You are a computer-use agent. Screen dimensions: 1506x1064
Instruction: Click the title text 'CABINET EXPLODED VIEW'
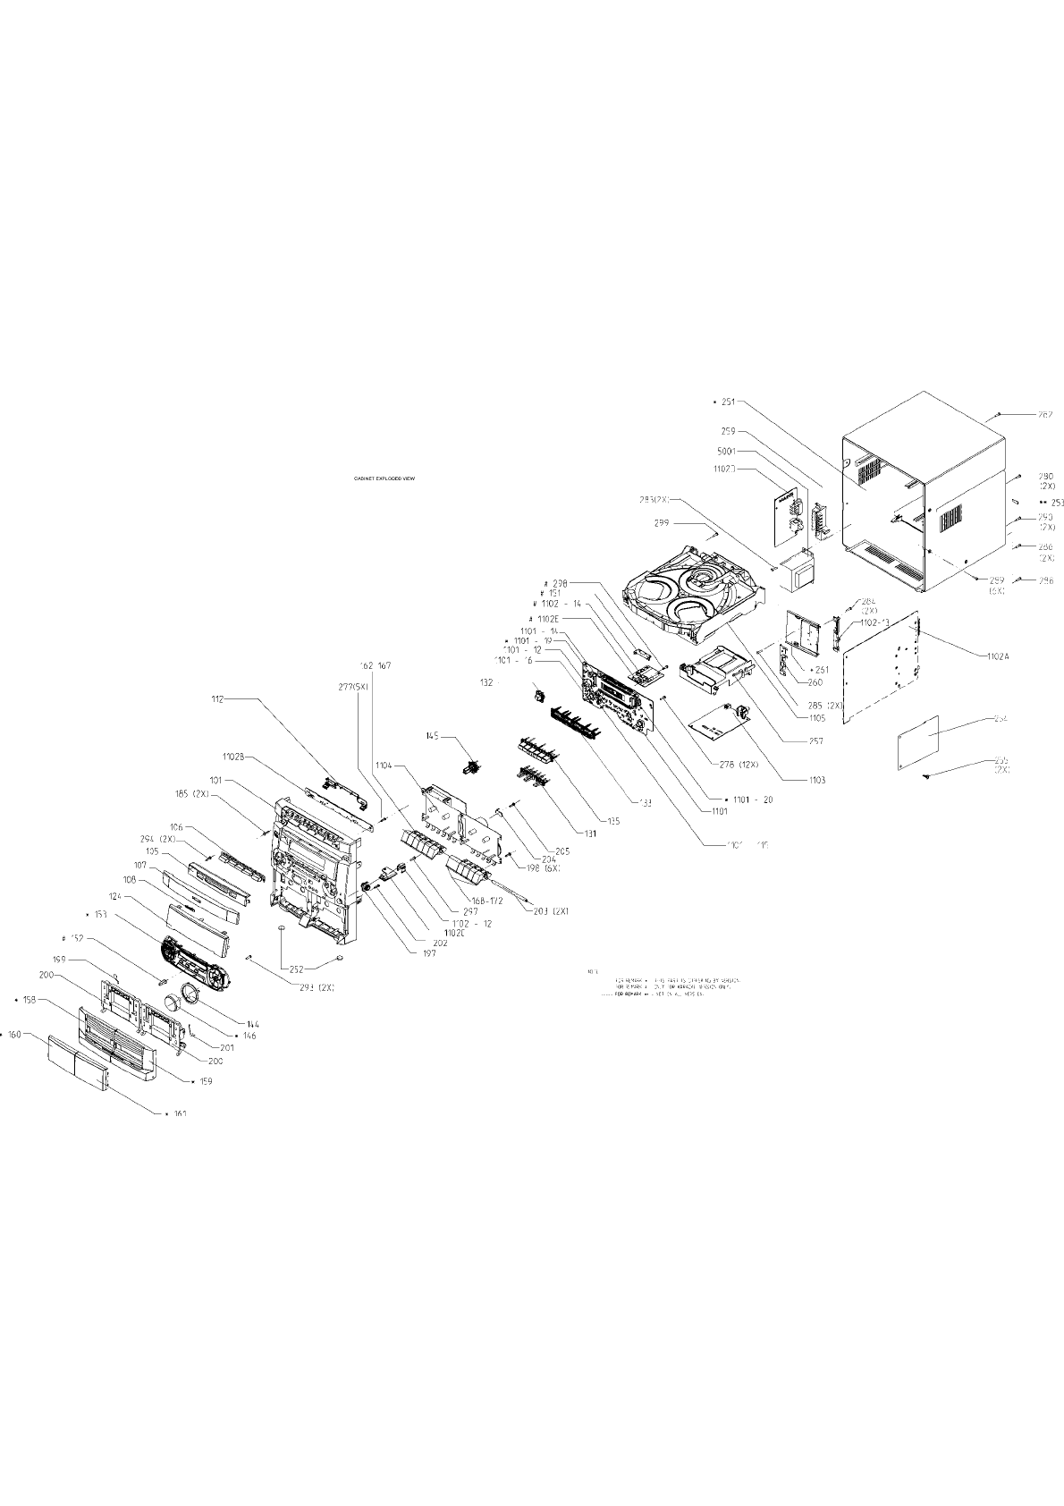[x=384, y=478]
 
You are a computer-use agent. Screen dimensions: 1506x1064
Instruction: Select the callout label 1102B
[x=234, y=759]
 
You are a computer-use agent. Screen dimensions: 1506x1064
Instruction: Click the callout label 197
[x=429, y=954]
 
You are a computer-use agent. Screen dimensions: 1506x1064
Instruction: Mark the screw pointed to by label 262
[x=998, y=416]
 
